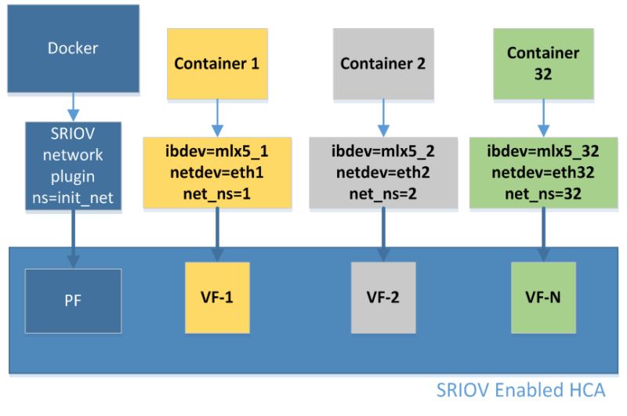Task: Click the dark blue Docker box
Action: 73,49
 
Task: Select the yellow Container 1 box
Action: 217,63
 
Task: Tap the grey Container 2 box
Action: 382,63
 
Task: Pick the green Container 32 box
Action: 543,63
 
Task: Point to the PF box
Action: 73,300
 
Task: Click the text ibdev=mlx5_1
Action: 217,151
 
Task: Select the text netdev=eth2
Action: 383,172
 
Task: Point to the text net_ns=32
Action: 543,193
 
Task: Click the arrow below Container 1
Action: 217,118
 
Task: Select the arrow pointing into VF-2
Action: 383,235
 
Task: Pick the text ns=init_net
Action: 73,199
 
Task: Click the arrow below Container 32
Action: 543,118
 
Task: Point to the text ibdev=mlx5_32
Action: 543,151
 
